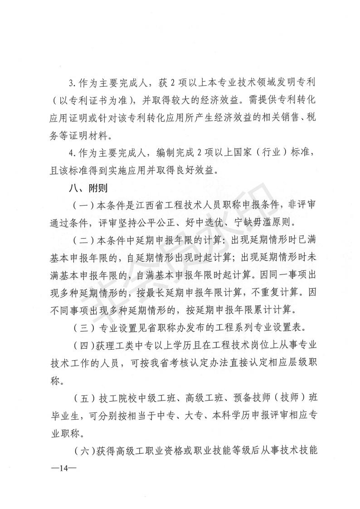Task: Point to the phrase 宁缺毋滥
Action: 258,223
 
